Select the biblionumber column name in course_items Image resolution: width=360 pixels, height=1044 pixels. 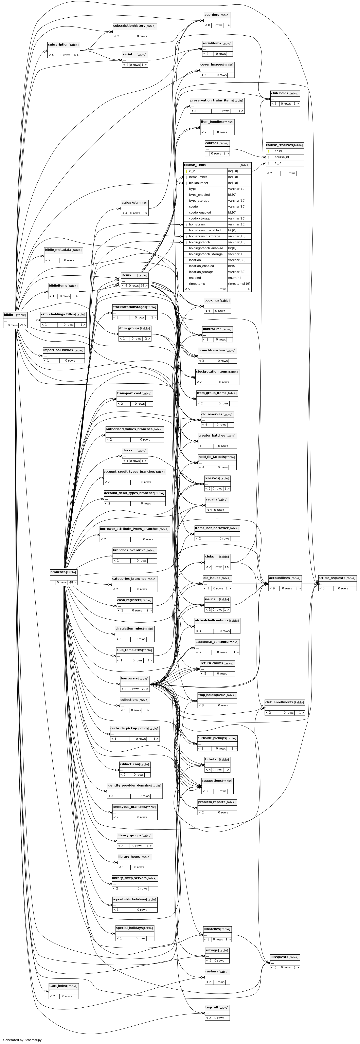[x=199, y=183]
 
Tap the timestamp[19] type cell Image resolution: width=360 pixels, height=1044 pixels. [x=239, y=284]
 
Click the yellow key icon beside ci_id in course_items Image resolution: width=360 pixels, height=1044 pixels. [x=186, y=171]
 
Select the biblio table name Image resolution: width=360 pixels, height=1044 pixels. [x=8, y=314]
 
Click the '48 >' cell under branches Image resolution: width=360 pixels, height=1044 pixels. [x=73, y=582]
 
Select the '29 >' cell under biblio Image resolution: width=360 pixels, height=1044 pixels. [x=22, y=325]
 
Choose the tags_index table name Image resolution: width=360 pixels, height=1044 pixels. [x=58, y=986]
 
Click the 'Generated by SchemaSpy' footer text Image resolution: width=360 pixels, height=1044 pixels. [x=22, y=1040]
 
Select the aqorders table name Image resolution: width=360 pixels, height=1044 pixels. [x=211, y=15]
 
